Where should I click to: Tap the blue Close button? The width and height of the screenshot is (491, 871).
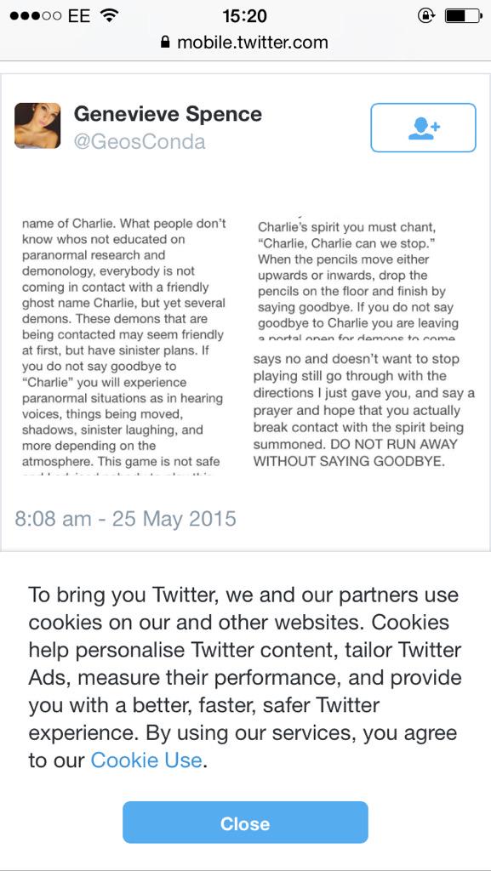pyautogui.click(x=245, y=823)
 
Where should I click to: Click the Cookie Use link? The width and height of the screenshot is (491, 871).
pyautogui.click(x=146, y=760)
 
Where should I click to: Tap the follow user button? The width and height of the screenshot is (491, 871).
pyautogui.click(x=423, y=128)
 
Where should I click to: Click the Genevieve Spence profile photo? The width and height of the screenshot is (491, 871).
pyautogui.click(x=37, y=126)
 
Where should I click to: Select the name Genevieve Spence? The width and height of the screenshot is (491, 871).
pyautogui.click(x=168, y=114)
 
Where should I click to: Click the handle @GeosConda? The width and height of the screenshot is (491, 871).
pyautogui.click(x=140, y=141)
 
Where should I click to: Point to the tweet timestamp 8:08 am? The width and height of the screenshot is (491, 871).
pyautogui.click(x=53, y=518)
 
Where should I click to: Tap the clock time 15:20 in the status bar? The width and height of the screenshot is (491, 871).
pyautogui.click(x=244, y=15)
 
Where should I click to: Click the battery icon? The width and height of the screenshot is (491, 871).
pyautogui.click(x=463, y=15)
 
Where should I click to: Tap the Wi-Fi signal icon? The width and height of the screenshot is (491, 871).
pyautogui.click(x=109, y=15)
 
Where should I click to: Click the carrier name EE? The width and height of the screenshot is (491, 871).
pyautogui.click(x=79, y=15)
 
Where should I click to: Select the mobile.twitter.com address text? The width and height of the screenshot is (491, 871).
pyautogui.click(x=252, y=43)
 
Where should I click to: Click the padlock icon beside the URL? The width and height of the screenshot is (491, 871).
pyautogui.click(x=165, y=43)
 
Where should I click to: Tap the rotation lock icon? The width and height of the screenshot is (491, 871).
pyautogui.click(x=425, y=15)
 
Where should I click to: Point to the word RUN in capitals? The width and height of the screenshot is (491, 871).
pyautogui.click(x=386, y=444)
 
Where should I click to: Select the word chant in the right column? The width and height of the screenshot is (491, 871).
pyautogui.click(x=415, y=226)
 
